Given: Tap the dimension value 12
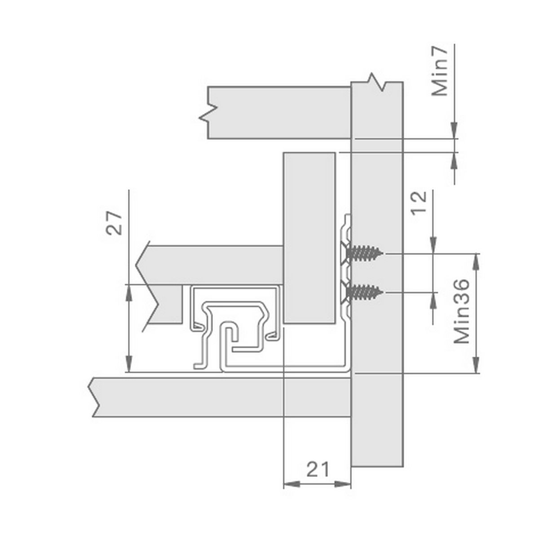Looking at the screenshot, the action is [419, 203].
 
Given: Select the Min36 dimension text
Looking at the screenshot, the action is [461, 311].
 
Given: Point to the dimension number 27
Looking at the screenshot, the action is [114, 223].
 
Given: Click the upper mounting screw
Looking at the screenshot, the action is [364, 253].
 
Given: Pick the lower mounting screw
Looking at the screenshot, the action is [364, 292].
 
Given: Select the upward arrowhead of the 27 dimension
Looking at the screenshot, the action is [128, 293].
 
